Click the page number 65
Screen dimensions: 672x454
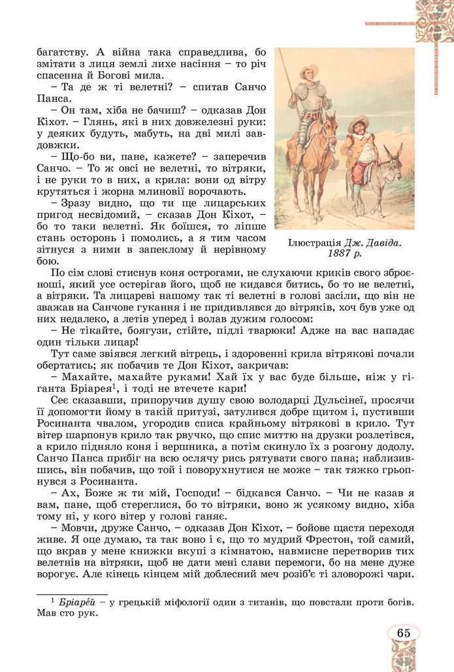(403, 633)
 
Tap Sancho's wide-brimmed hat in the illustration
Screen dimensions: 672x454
(359, 121)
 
